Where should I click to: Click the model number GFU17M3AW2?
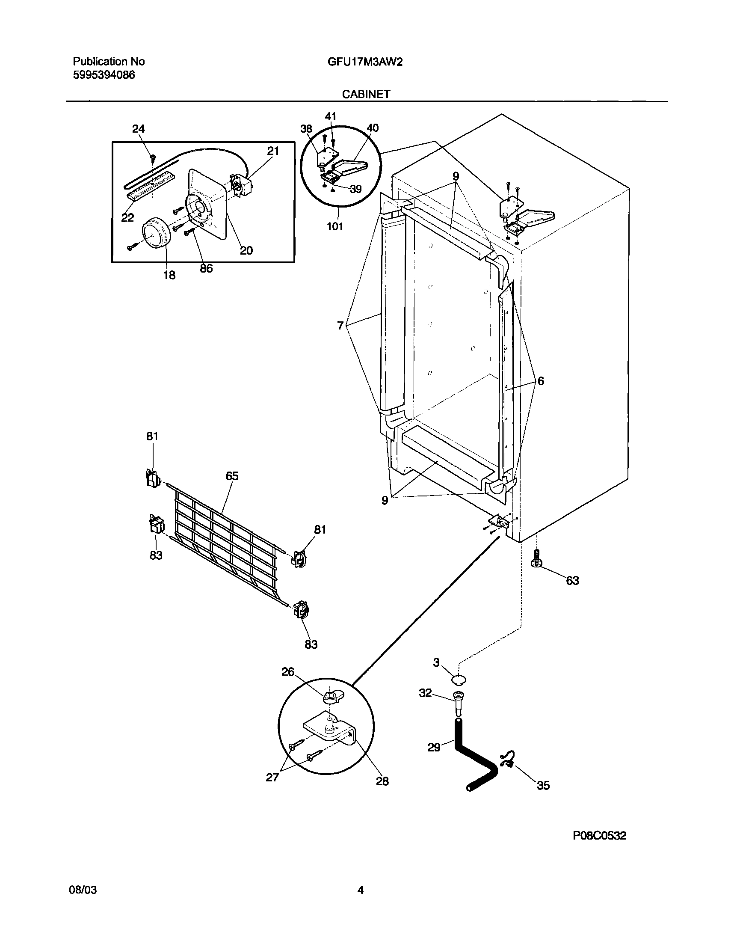(365, 62)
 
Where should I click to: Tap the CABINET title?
(366, 94)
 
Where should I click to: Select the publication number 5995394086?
(104, 75)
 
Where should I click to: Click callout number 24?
(139, 128)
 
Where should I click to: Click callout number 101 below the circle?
(335, 226)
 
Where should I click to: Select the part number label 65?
(232, 476)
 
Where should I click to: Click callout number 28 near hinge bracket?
(382, 781)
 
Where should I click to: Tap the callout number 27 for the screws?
(272, 777)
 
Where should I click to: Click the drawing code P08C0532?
(600, 836)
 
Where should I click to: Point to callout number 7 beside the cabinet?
(340, 325)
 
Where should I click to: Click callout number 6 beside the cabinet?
(541, 381)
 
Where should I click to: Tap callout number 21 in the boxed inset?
(273, 151)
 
